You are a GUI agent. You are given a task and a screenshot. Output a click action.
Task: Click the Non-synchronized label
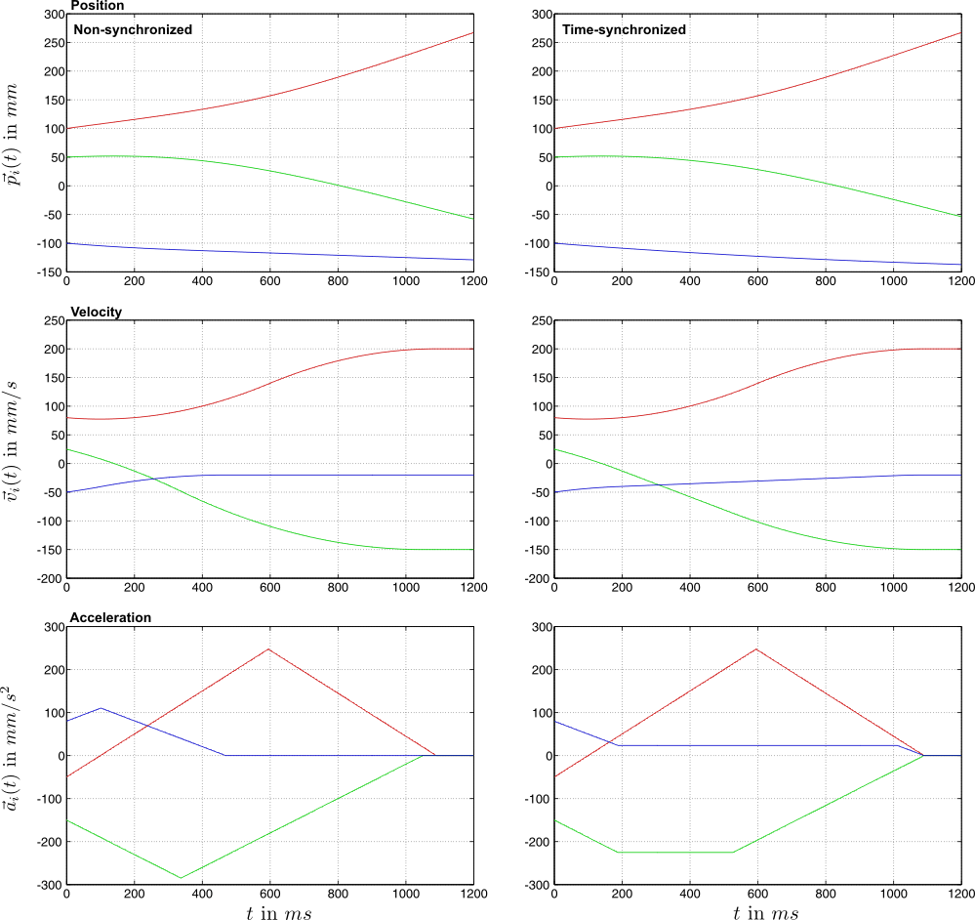tap(133, 29)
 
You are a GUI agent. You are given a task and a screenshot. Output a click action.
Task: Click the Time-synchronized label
tap(624, 29)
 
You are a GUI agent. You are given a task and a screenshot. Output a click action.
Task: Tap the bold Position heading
tap(98, 6)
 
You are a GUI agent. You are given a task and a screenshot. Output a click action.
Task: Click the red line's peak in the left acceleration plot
tap(268, 649)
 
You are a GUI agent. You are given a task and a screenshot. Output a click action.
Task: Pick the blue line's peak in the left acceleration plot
tap(101, 708)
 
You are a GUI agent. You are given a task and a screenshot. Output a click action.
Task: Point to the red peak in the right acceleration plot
tap(756, 649)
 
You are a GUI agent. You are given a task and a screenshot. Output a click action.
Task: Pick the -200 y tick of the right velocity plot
tap(536, 579)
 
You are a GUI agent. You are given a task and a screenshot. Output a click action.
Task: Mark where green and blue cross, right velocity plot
tap(659, 485)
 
